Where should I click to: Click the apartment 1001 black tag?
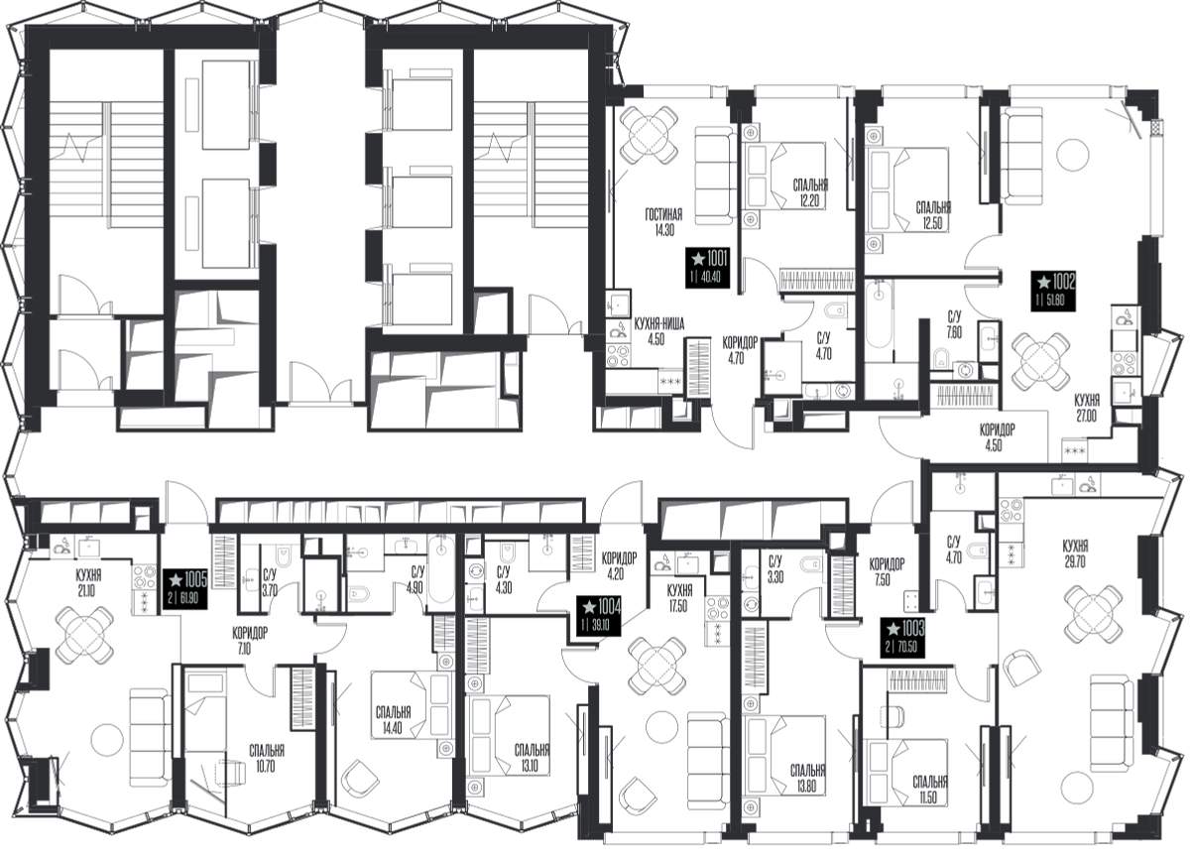(x=706, y=268)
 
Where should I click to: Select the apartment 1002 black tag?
(x=1053, y=291)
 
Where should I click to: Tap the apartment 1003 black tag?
(x=902, y=638)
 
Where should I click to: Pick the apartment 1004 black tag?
(x=599, y=616)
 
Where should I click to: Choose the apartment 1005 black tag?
(x=184, y=589)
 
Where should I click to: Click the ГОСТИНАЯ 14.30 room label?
(x=663, y=222)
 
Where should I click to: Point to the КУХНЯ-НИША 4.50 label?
(x=658, y=331)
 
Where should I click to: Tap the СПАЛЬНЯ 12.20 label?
(x=810, y=192)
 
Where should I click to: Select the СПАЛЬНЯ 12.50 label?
(x=933, y=215)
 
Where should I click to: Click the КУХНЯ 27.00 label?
(x=1087, y=408)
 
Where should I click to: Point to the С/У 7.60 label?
(x=954, y=325)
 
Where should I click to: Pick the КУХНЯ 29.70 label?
(x=1075, y=554)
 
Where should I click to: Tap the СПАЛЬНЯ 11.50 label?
(x=930, y=790)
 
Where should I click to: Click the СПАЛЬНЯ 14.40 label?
(x=393, y=720)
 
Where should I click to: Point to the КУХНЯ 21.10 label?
(x=88, y=583)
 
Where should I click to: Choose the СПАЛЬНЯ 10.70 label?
(x=267, y=758)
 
